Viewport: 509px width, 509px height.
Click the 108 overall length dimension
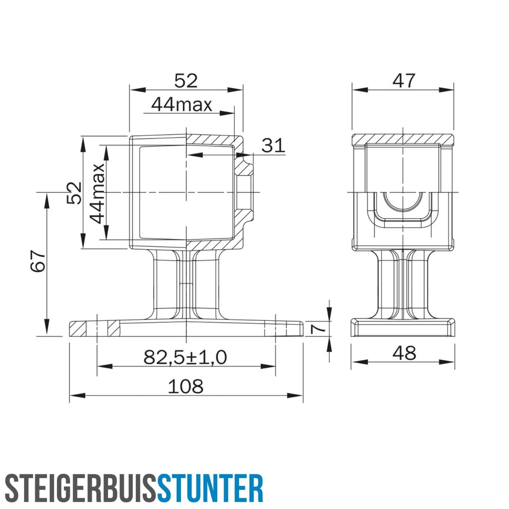(186, 386)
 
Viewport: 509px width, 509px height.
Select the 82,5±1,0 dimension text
(185, 357)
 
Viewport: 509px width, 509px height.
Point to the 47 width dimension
(403, 81)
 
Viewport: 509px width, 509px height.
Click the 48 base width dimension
(404, 353)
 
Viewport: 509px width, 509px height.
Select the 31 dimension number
(273, 146)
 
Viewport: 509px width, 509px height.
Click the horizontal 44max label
(182, 105)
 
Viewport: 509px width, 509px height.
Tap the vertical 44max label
(97, 193)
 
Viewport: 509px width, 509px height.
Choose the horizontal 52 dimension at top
(186, 81)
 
